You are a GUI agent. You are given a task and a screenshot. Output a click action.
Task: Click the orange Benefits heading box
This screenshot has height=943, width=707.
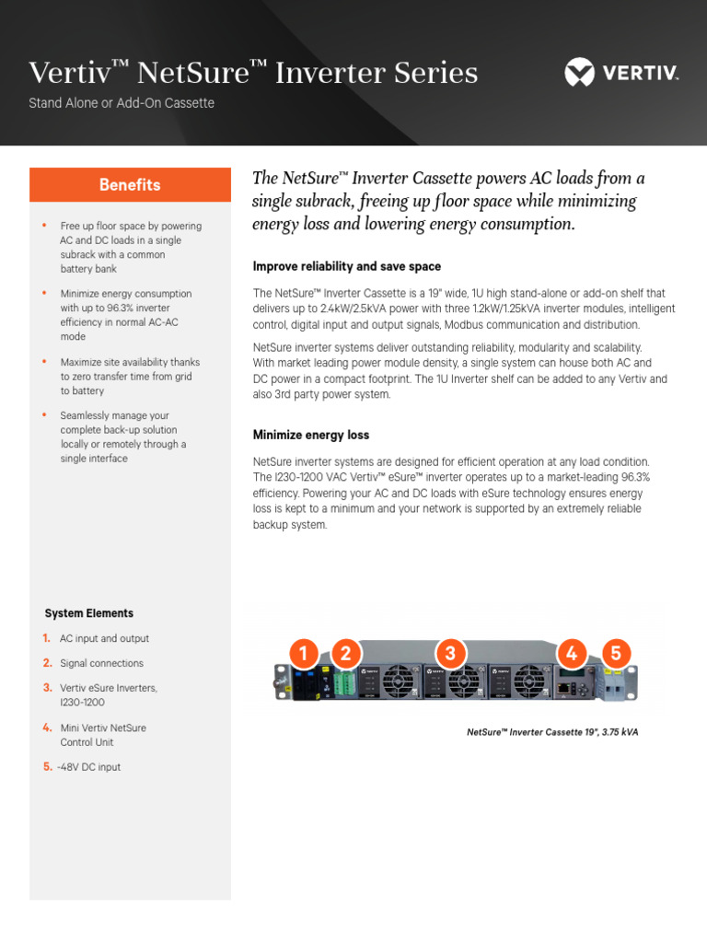130,184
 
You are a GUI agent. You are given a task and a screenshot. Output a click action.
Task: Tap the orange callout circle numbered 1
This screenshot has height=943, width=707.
303,654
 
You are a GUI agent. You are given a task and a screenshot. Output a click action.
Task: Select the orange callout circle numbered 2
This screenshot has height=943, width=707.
345,654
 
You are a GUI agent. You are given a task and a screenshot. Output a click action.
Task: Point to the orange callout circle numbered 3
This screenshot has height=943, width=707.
449,654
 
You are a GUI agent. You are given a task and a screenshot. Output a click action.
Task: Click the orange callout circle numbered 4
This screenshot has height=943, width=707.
572,654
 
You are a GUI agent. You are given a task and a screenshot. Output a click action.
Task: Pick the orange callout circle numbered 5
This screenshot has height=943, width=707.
616,654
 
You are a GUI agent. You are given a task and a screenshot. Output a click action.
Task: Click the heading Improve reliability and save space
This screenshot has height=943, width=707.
347,266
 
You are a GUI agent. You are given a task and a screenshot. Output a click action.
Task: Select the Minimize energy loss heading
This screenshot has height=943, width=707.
311,435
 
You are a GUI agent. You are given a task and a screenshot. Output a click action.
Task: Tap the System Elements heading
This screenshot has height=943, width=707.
89,613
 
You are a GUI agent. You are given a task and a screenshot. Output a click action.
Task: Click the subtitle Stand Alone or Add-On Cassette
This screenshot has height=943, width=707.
122,103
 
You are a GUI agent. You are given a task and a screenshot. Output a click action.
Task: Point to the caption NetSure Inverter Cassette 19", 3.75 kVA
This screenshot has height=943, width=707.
552,732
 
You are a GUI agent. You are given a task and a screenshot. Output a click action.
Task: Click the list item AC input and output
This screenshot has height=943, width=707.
104,638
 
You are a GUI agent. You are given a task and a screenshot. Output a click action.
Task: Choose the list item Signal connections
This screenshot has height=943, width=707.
101,663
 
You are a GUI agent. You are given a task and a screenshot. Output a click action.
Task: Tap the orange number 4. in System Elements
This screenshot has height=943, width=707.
47,728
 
